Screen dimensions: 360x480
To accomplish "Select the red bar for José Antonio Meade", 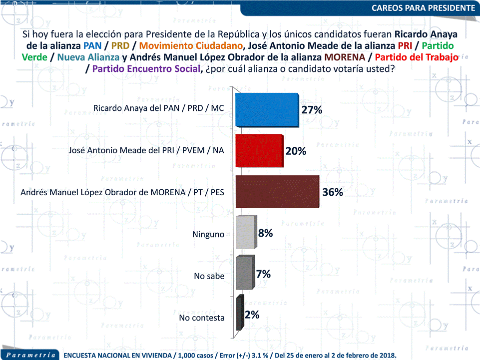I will [x=259, y=151].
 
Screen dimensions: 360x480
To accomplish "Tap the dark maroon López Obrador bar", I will [x=276, y=192].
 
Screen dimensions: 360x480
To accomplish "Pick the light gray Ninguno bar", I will [x=245, y=233].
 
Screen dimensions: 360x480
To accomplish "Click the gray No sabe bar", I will [x=244, y=274].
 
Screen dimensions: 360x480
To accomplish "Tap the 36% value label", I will [x=333, y=192].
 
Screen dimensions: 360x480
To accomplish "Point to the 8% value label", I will [x=265, y=232].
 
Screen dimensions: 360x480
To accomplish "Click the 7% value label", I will [x=264, y=274].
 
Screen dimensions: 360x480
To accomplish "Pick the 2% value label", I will [x=252, y=315].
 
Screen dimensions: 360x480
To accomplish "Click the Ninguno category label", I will [x=208, y=234].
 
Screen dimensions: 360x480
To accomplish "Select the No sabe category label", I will [x=209, y=276].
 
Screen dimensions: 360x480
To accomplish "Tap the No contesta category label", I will [x=202, y=318].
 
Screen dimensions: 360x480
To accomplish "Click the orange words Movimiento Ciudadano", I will [x=194, y=45].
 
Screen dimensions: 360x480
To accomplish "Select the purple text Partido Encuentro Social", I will [x=147, y=68].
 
